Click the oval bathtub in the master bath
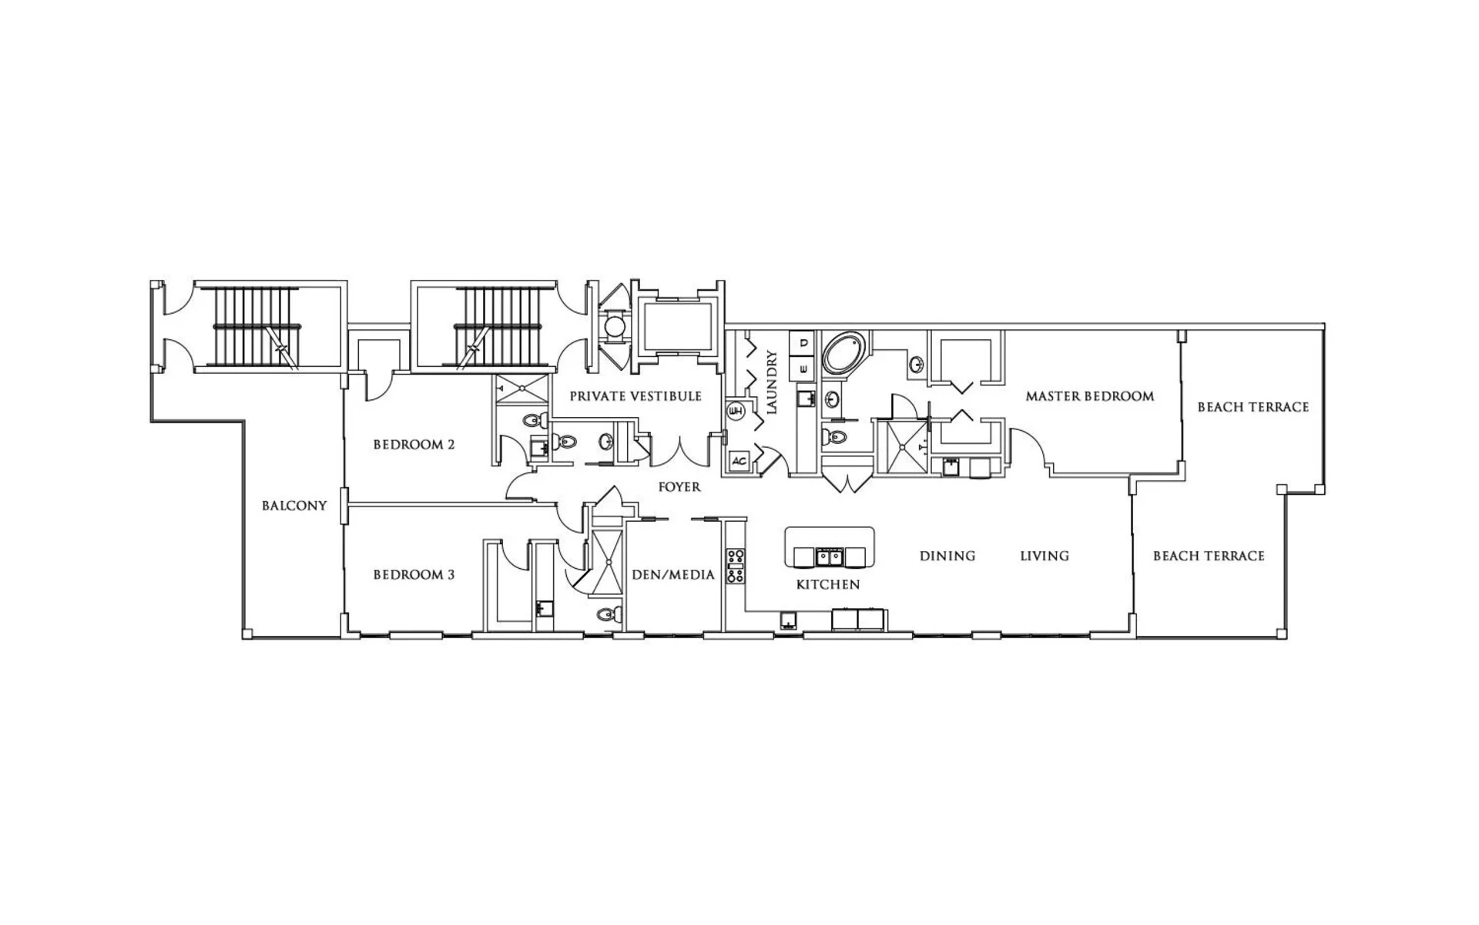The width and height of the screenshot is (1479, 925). [845, 354]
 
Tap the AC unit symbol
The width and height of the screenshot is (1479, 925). [739, 461]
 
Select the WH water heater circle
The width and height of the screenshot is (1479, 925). [736, 410]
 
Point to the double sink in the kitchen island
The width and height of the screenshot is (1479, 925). [830, 556]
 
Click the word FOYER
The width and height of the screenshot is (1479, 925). [679, 487]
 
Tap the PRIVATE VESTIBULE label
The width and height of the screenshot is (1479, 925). [636, 396]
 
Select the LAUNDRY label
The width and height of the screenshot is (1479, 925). [772, 382]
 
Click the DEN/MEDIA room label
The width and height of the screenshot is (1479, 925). [673, 575]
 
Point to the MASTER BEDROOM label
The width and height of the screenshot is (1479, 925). [1090, 396]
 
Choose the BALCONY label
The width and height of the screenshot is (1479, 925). [294, 506]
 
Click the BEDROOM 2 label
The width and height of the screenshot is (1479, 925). [414, 445]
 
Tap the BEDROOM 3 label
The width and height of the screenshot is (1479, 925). [414, 575]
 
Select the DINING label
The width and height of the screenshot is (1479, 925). [947, 556]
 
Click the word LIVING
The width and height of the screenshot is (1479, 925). [1045, 556]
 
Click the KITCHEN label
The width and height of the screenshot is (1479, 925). [828, 585]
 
